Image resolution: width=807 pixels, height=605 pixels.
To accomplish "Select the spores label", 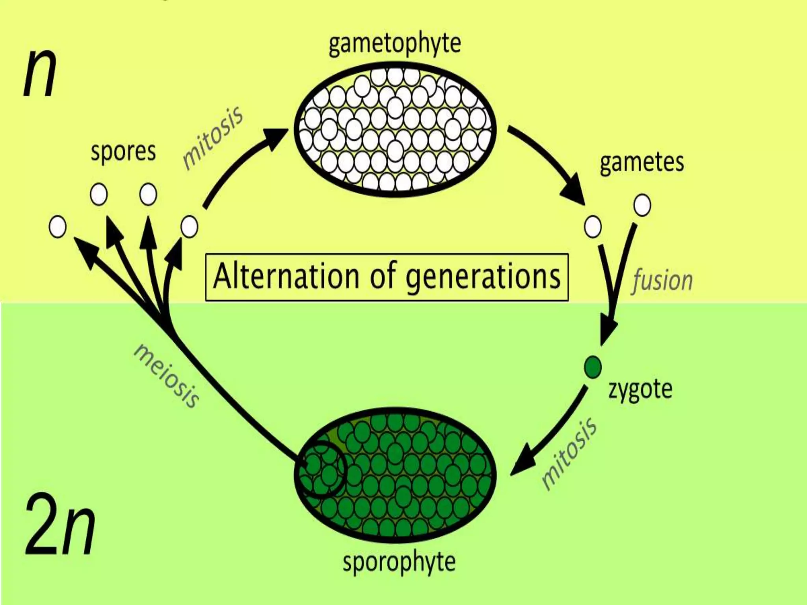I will (x=123, y=152).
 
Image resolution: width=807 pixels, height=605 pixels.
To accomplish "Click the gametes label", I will (x=642, y=163).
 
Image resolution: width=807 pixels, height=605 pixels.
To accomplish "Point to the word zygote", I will (x=640, y=390).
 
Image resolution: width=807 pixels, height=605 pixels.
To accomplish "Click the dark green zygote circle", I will (x=593, y=367).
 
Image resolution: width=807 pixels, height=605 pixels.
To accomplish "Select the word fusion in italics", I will (x=662, y=281).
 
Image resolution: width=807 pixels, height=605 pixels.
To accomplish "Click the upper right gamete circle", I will (x=642, y=205).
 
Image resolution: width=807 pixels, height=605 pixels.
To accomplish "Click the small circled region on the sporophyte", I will (x=320, y=469).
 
